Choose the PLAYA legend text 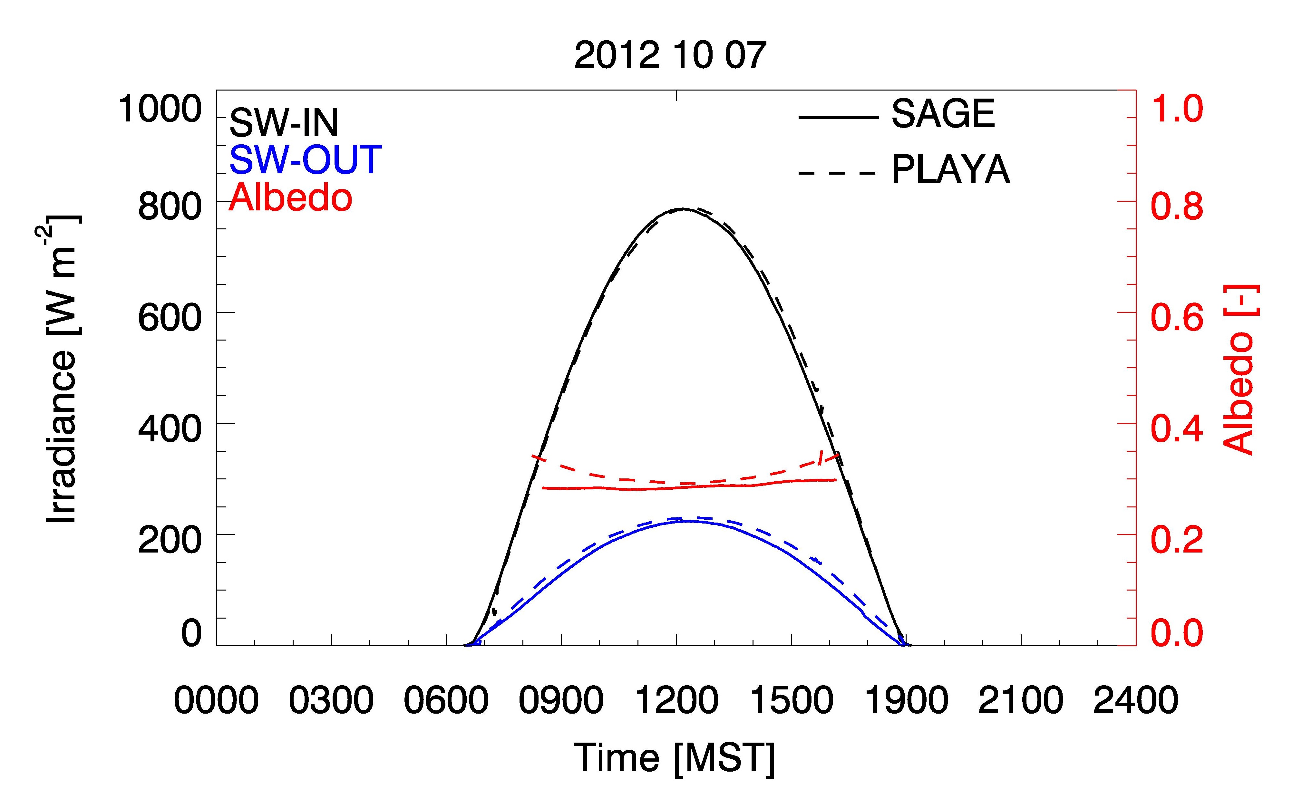[951, 169]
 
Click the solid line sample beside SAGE [838, 118]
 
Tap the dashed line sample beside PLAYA [838, 173]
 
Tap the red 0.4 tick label [1177, 428]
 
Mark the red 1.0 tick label [1177, 109]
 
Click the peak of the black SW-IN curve [682, 209]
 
